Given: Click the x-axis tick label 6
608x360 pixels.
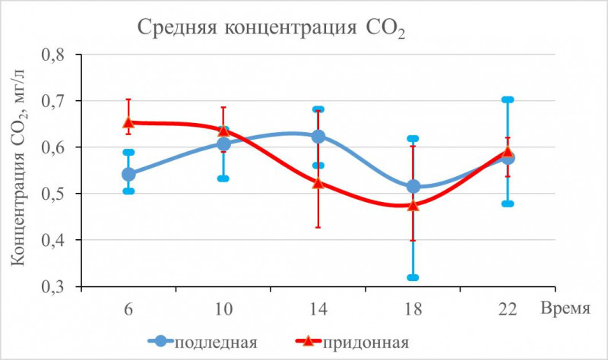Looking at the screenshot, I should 128,310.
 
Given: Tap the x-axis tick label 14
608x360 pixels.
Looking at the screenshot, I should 318,310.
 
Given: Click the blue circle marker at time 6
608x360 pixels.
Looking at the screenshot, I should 128,175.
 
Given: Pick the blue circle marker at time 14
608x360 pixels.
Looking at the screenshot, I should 318,137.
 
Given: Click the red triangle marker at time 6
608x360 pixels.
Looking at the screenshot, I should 128,122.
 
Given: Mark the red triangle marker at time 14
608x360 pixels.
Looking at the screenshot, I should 318,182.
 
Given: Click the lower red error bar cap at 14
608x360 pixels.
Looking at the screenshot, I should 318,227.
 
